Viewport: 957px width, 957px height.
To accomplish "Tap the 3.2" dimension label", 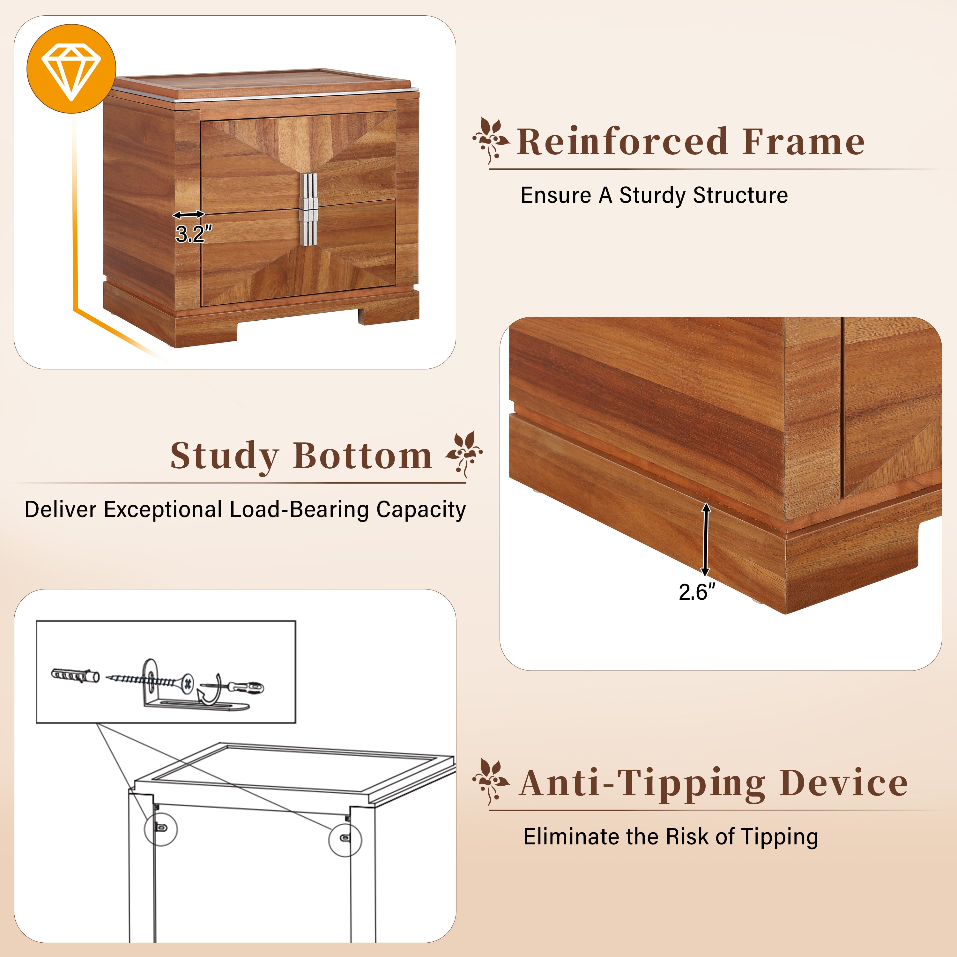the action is [194, 234].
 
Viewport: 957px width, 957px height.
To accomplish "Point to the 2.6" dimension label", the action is [696, 592].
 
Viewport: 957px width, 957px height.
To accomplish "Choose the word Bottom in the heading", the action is [363, 456].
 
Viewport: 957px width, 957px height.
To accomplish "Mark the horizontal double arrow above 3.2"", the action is [189, 214].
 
